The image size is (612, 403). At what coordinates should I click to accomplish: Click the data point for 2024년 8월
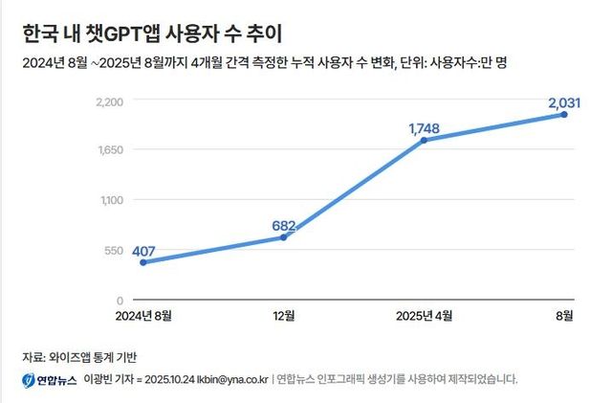(x=142, y=262)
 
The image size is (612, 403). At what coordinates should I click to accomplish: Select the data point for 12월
(x=283, y=237)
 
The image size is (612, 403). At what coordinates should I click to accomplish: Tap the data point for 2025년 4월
(x=424, y=141)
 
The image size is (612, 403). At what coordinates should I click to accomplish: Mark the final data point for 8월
(x=564, y=115)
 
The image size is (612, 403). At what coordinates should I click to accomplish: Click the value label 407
(x=143, y=252)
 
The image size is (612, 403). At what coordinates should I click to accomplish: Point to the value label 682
(x=285, y=226)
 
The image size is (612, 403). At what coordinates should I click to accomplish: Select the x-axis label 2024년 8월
(x=143, y=315)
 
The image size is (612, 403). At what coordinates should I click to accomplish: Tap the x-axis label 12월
(x=284, y=315)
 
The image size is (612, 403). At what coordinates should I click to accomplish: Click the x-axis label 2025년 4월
(x=424, y=315)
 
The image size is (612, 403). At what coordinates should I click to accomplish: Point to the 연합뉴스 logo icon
(x=29, y=380)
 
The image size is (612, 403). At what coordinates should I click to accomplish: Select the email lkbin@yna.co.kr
(x=228, y=380)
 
